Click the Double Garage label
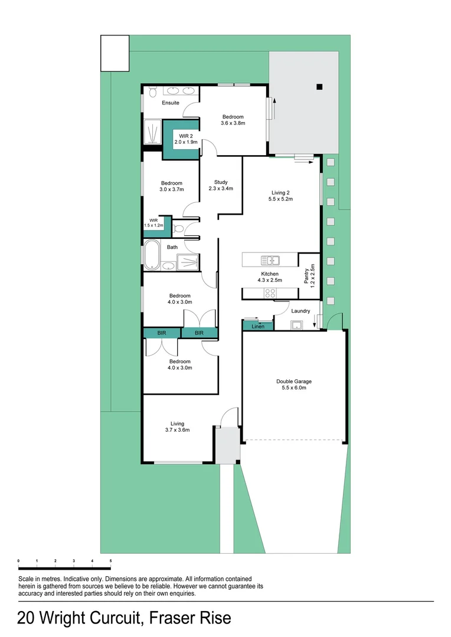click(293, 382)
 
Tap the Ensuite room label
click(171, 103)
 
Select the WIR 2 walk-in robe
click(181, 139)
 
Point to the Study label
click(221, 182)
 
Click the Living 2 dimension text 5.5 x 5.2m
click(282, 199)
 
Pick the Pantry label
click(306, 277)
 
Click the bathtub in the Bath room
click(152, 255)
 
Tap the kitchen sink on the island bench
click(272, 260)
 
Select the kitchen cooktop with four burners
click(271, 293)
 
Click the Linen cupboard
click(258, 326)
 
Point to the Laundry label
click(300, 311)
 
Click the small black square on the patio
click(319, 87)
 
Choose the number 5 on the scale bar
click(110, 560)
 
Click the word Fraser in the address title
click(172, 619)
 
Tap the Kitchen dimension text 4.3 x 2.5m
click(270, 281)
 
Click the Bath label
click(172, 247)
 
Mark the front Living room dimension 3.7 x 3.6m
click(177, 431)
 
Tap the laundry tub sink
click(296, 324)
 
